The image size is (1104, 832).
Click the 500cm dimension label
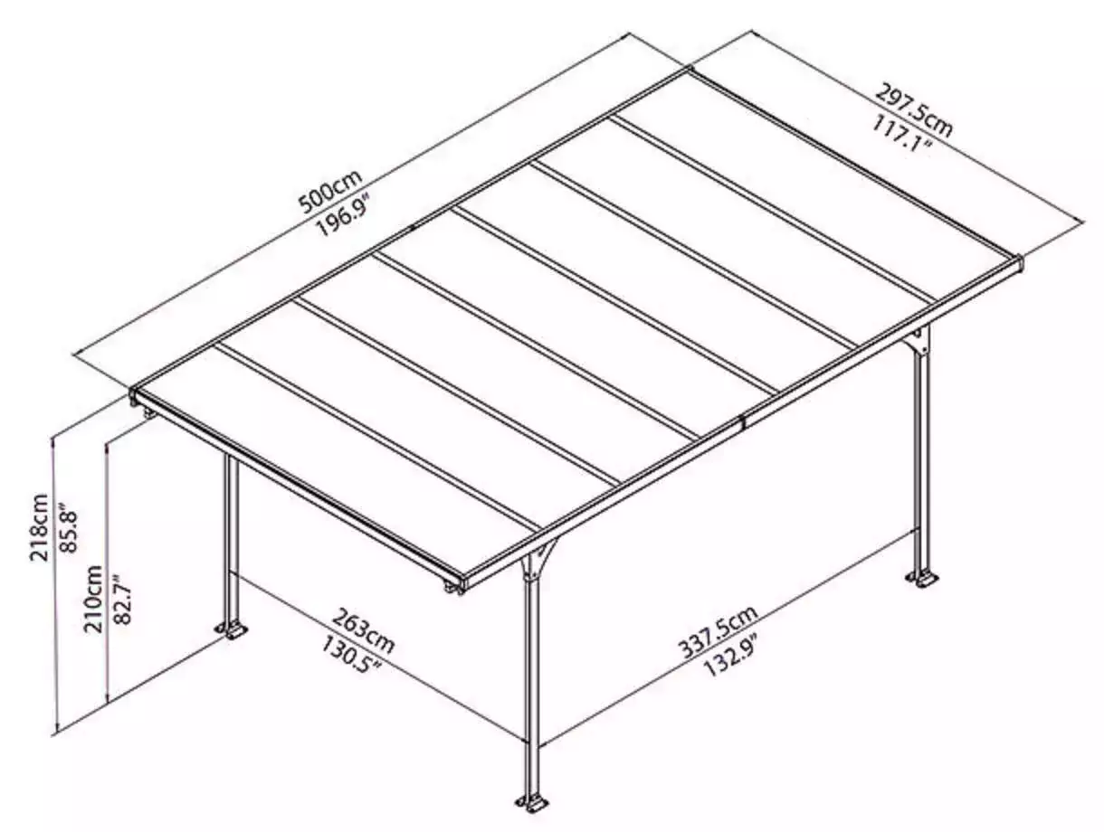pos(330,192)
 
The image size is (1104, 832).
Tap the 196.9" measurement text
pos(344,216)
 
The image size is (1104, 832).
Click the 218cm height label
pos(39,527)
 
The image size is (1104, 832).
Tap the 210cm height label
pos(93,599)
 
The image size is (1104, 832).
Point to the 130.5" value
pos(351,654)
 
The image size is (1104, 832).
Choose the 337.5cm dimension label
pos(719,631)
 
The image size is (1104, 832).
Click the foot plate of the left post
pos(232,629)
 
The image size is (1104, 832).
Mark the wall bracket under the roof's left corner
pos(148,413)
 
